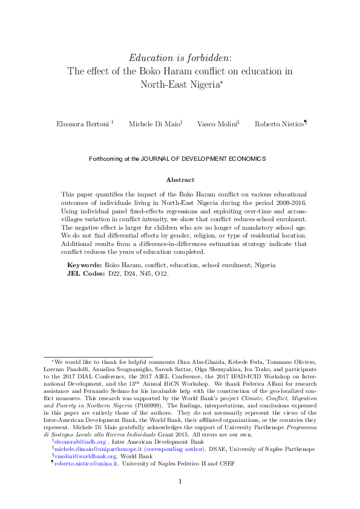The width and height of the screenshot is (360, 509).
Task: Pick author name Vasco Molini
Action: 217,124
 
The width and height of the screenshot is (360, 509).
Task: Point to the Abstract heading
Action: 180,180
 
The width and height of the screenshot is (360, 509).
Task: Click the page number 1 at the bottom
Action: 180,482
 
